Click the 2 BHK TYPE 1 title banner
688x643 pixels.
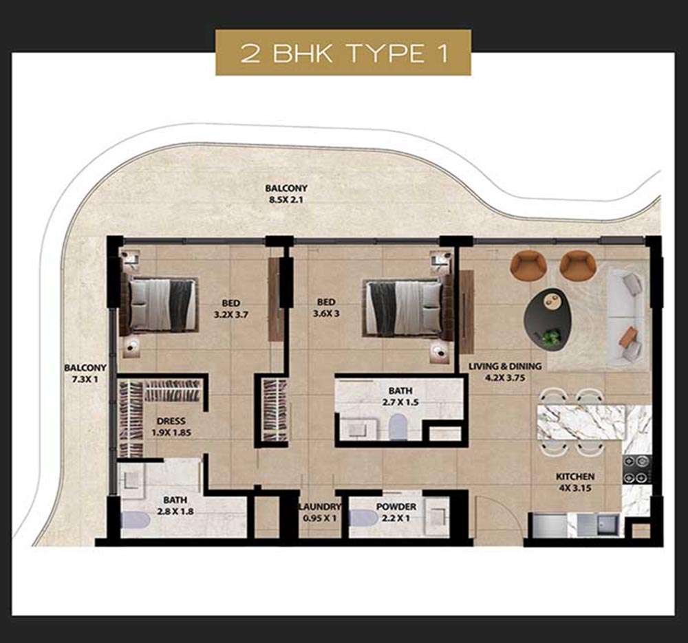[x=343, y=53]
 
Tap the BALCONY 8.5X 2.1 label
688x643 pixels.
[x=286, y=194]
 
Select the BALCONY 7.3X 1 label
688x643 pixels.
[x=85, y=373]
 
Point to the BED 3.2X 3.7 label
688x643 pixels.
[x=230, y=308]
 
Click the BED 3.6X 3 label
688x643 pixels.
[x=326, y=307]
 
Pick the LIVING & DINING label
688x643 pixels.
[x=505, y=367]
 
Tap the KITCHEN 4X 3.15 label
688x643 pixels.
[x=575, y=482]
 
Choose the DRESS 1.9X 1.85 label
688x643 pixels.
[x=171, y=426]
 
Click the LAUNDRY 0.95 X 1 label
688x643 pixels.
[x=319, y=512]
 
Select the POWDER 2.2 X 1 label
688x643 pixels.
[x=396, y=512]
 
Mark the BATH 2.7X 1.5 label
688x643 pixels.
[x=400, y=396]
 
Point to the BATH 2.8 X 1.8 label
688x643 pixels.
[x=175, y=505]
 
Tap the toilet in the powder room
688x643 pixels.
[x=364, y=518]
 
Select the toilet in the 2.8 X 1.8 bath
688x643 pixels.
[x=136, y=520]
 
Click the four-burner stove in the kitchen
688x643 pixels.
[x=636, y=469]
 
